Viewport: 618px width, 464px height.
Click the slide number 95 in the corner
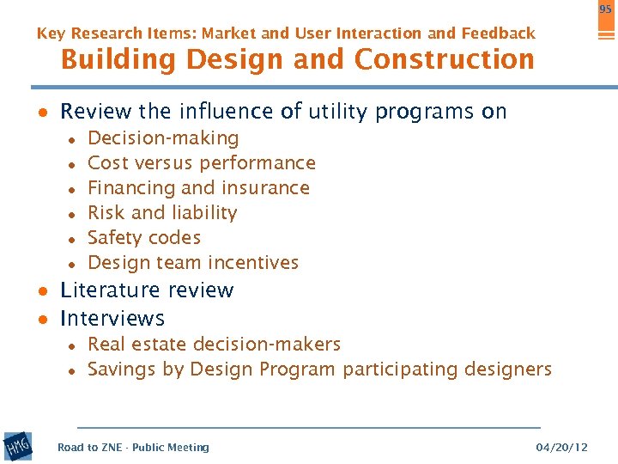605,9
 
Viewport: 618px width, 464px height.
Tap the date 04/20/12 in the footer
561,447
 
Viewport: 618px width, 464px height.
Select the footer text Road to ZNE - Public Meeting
133,447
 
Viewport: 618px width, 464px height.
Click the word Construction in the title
444,59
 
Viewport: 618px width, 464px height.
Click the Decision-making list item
163,138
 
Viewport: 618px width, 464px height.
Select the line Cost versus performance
202,163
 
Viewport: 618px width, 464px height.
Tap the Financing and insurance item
198,188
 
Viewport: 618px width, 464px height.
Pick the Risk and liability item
162,213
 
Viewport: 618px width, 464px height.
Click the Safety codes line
144,238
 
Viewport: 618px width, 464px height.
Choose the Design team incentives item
193,263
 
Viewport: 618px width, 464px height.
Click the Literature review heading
147,290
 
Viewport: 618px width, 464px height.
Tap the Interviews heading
112,319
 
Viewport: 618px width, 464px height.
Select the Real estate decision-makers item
214,345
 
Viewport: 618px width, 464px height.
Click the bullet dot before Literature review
41,291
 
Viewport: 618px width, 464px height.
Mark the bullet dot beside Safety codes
75,239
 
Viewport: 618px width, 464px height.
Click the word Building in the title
114,59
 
